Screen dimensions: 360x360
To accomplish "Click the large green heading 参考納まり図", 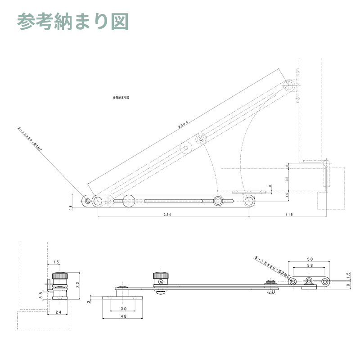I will click(73, 22).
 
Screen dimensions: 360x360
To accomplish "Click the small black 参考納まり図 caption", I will click(121, 97).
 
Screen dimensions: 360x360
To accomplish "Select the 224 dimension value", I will click(168, 215).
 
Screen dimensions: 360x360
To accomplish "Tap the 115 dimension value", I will click(289, 215).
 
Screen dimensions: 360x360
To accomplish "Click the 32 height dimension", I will click(77, 284).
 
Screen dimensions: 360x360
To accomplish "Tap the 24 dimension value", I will click(58, 312).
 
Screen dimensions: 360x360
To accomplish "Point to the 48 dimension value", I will click(124, 316).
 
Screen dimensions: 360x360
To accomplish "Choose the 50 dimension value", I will click(310, 259).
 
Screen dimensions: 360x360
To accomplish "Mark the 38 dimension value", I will click(310, 266).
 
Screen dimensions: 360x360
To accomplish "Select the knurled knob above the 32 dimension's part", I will click(60, 276).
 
